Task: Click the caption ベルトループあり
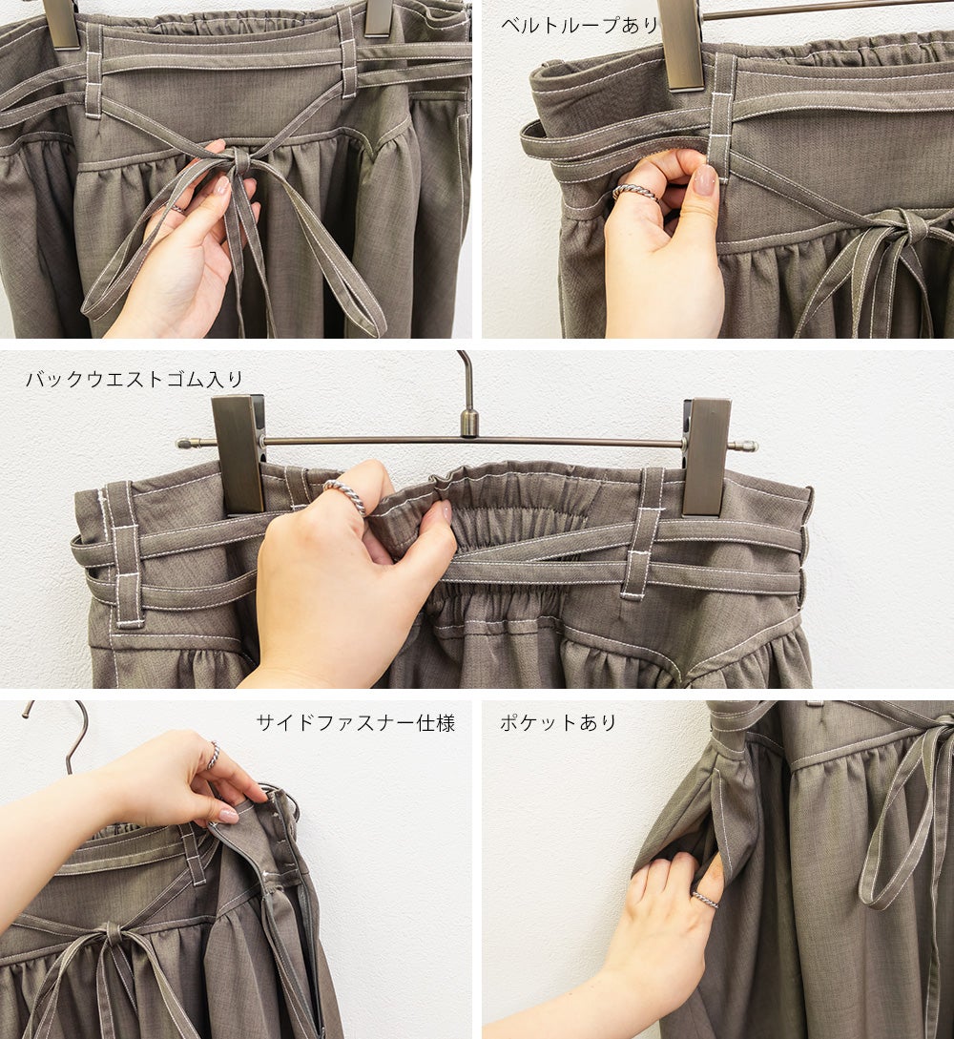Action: (x=578, y=25)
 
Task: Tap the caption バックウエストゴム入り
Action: (x=135, y=379)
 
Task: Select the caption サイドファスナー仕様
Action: (x=355, y=722)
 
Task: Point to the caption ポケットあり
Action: (x=558, y=722)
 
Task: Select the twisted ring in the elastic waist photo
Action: (x=345, y=496)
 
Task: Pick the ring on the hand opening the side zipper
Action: (x=214, y=754)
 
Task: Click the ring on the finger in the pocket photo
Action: (x=706, y=899)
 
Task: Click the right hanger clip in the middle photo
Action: (x=707, y=456)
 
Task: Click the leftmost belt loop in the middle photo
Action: (x=125, y=554)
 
